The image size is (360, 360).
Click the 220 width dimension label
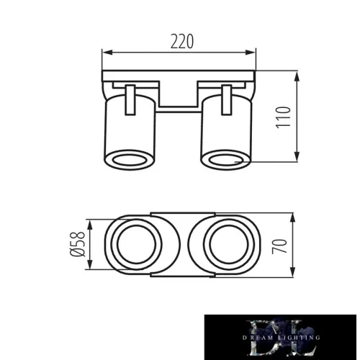coord(181,42)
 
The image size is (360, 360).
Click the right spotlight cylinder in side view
coord(226,130)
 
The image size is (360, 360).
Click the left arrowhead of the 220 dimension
coord(104,52)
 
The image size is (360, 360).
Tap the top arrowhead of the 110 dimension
coord(297,74)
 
